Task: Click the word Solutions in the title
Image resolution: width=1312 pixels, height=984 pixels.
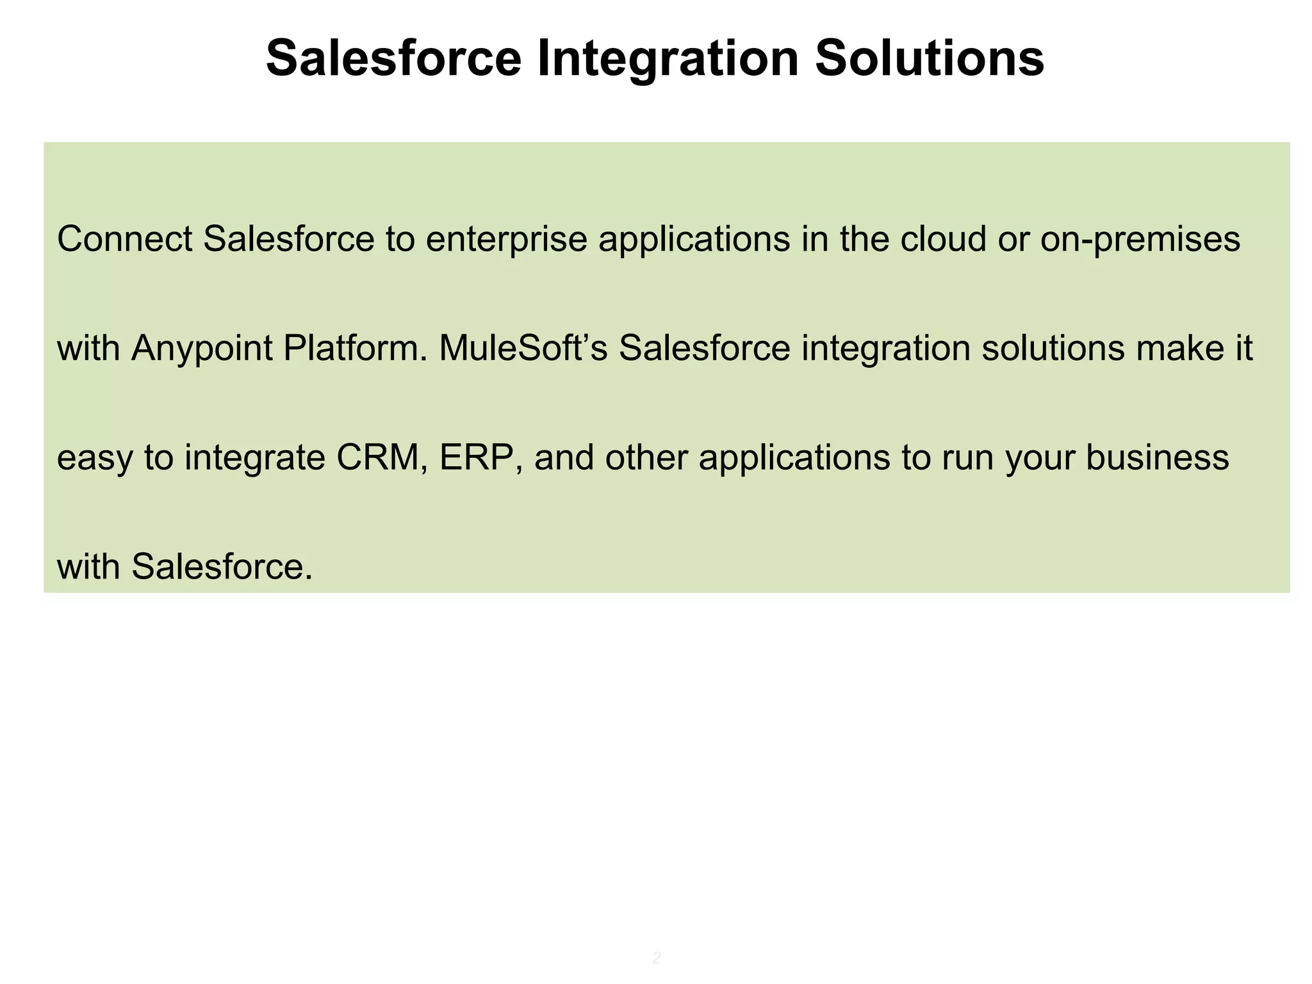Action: point(929,60)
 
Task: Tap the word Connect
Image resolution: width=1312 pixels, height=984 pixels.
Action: point(125,239)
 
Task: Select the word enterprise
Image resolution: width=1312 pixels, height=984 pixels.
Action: point(506,239)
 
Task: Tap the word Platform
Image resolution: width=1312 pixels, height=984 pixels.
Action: point(355,350)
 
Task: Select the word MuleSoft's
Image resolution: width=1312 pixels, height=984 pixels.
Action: point(523,348)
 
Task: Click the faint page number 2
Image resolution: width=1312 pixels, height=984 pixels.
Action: point(657,958)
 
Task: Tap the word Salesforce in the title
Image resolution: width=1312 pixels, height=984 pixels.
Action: point(393,60)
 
